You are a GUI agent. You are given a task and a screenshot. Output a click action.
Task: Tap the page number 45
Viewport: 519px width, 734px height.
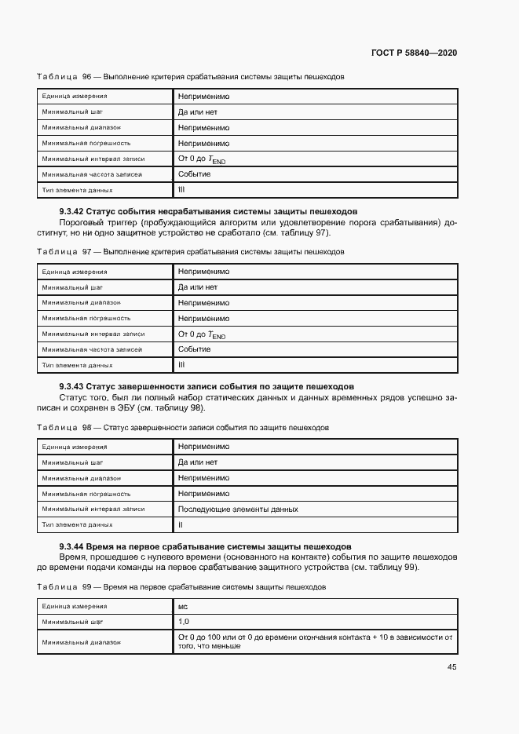click(x=451, y=667)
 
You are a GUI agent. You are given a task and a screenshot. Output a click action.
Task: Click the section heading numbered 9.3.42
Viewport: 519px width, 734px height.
click(x=208, y=211)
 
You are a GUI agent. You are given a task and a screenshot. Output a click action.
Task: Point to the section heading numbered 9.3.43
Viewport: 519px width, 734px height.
click(x=207, y=386)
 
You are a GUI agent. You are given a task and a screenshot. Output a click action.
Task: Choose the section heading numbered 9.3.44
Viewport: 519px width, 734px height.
click(x=205, y=546)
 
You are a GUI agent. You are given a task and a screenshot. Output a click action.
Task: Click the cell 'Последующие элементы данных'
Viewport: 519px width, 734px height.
click(x=238, y=509)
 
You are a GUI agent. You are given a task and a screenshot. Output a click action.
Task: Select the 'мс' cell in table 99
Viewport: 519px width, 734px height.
click(x=183, y=606)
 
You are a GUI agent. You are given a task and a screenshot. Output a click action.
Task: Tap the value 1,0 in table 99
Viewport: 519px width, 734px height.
click(x=184, y=622)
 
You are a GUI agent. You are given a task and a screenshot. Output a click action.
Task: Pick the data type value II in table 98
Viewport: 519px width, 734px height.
click(x=181, y=524)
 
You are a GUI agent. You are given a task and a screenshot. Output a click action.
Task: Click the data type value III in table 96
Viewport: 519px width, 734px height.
click(x=181, y=190)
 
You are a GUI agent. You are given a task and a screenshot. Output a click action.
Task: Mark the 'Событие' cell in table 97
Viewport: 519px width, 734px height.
click(x=194, y=349)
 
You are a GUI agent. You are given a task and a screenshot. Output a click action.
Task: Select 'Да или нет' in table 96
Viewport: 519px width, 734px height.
click(x=197, y=111)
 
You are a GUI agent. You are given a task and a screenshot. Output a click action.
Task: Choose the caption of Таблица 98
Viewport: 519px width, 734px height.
click(x=183, y=427)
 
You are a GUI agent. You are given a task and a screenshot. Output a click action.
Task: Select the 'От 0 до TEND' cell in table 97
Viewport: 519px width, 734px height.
click(x=202, y=334)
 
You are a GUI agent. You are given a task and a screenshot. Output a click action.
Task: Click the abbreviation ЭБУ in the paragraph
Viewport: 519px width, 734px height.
click(x=126, y=408)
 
